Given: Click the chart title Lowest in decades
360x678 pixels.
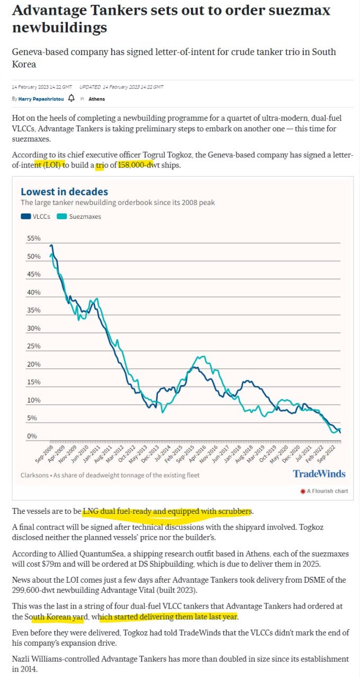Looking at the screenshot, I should [64, 192].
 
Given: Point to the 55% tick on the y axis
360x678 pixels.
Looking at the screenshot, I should [34, 238].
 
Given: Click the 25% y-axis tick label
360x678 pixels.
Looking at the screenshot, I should [34, 346].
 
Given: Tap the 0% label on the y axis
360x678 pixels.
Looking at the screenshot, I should [32, 436].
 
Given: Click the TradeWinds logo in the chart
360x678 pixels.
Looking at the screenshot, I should [319, 474].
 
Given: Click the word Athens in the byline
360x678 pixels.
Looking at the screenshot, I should [97, 99].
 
